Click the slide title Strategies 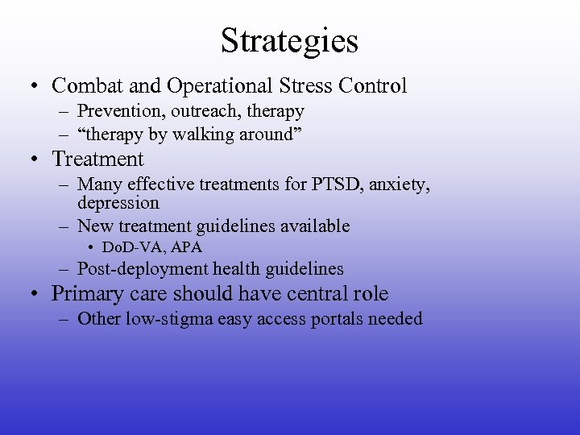[x=290, y=40]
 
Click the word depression [x=118, y=203]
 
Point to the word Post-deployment [x=141, y=269]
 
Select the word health [x=235, y=269]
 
